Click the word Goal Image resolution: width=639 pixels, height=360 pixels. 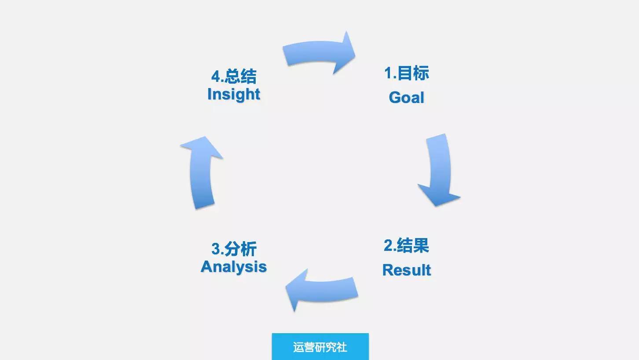tap(407, 97)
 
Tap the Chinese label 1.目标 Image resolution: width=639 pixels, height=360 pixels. tap(407, 73)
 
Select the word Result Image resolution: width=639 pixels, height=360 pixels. tap(407, 270)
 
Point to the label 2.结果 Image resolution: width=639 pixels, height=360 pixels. tap(406, 245)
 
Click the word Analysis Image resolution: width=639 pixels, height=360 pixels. tap(234, 267)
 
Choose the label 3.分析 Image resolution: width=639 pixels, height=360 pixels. tap(234, 249)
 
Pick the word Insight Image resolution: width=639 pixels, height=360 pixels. tap(234, 94)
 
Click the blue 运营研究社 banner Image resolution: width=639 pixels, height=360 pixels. tap(320, 347)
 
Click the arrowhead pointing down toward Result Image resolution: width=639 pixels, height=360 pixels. tap(439, 195)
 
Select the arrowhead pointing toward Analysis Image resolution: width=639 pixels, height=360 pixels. tap(297, 290)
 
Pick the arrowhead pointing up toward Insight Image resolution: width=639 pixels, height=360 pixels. tap(202, 147)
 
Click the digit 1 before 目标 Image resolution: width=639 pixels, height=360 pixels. tap(388, 73)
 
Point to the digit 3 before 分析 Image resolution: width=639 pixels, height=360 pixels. tap(216, 249)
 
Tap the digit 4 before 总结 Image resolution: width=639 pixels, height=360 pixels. tap(216, 77)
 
